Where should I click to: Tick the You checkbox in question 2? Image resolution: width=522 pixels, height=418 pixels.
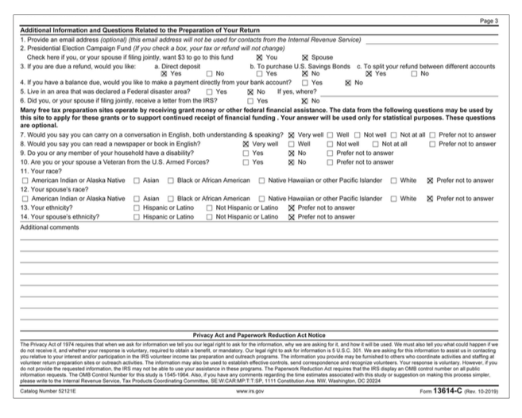click(x=259, y=57)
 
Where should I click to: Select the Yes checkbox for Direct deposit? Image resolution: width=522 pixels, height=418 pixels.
click(x=164, y=73)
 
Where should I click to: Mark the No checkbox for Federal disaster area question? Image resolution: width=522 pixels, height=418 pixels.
click(x=250, y=90)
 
